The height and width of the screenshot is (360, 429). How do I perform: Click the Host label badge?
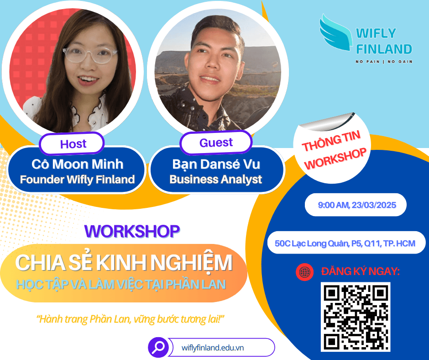point(72,143)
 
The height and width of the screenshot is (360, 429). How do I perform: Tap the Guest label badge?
point(216,143)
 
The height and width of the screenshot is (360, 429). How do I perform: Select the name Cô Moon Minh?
point(78,164)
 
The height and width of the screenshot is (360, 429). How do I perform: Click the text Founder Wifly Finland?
point(78,180)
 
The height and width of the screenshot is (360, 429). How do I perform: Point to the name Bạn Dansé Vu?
point(216,164)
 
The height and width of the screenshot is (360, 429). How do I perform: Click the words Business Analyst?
point(216,180)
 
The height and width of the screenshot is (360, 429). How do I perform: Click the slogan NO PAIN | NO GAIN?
point(384,62)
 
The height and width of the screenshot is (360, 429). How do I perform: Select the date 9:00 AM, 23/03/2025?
point(357,205)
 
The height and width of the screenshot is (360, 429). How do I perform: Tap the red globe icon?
point(304,272)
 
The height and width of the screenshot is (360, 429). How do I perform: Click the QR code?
point(356,317)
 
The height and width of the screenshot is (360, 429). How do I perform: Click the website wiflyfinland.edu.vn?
point(213,348)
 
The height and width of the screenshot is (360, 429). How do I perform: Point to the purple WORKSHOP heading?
point(132,232)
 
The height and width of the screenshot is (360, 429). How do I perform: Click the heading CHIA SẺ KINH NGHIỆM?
point(124,263)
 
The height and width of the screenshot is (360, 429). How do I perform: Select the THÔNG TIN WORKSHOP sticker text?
point(334,150)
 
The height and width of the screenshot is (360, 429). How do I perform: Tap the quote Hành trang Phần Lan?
point(131,319)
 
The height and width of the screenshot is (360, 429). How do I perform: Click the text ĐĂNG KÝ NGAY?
point(361,271)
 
